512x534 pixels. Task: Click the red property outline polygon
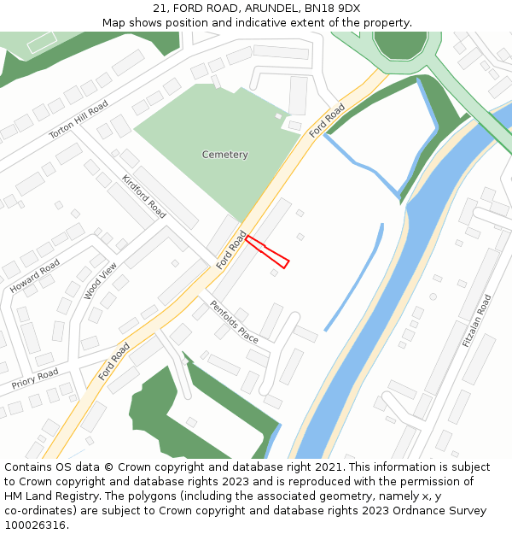pos(267,251)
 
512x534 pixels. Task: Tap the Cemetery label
pos(224,155)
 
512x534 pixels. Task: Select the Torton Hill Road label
pos(78,119)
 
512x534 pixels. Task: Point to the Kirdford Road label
pos(144,196)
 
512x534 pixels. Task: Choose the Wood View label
pos(100,280)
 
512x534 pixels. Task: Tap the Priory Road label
pos(35,378)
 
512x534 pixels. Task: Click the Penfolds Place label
pos(234,321)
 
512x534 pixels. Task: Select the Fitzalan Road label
pos(477,320)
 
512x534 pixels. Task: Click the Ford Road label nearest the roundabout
pos(327,121)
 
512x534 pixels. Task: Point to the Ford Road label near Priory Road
pos(113,361)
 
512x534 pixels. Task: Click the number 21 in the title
pos(159,9)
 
